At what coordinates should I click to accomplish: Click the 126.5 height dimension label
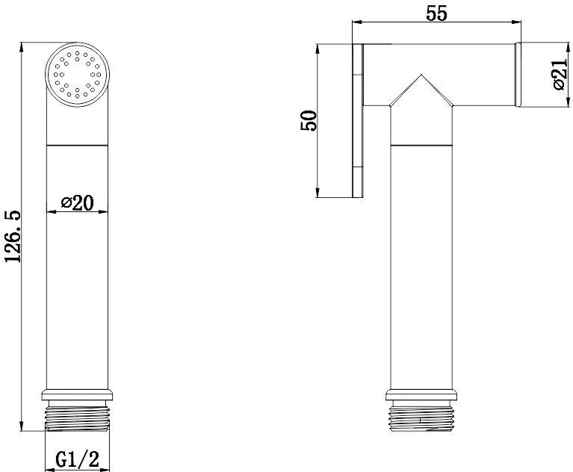pos(13,236)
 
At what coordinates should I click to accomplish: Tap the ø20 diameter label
pos(77,202)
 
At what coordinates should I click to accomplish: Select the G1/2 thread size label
pos(77,459)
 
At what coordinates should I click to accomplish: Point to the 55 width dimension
pos(436,13)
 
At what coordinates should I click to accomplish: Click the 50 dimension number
pos(308,120)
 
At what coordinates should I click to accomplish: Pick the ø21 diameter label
pos(559,75)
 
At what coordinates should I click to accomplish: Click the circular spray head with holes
pos(77,75)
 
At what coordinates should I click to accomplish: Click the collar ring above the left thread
pos(77,395)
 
